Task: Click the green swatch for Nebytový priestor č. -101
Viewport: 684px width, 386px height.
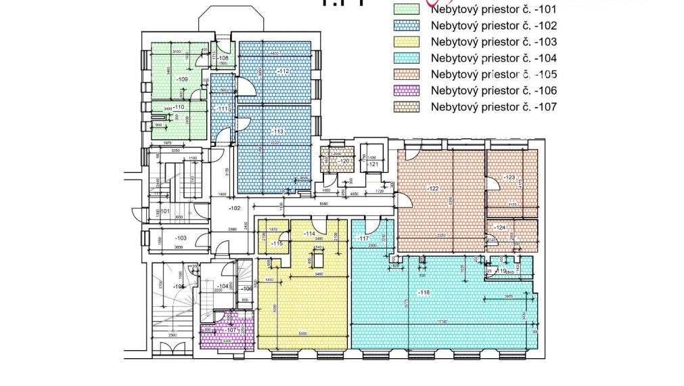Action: click(407, 9)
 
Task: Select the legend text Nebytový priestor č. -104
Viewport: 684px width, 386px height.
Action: click(493, 58)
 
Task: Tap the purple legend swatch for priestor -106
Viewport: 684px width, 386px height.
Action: click(407, 91)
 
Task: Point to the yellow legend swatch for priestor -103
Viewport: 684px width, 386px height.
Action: click(407, 42)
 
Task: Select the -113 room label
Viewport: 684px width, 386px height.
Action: click(277, 131)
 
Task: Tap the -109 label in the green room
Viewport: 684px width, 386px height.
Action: click(181, 79)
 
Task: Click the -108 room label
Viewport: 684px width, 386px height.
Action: click(223, 58)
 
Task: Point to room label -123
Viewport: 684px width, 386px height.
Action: click(509, 177)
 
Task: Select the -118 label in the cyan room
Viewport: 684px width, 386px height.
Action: click(424, 292)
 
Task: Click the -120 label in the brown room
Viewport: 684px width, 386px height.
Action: click(344, 161)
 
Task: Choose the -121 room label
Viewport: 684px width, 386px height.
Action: click(372, 164)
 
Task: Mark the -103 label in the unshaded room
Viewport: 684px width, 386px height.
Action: click(180, 238)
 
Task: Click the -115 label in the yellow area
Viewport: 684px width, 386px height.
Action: click(276, 243)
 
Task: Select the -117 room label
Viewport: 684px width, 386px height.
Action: click(363, 238)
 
